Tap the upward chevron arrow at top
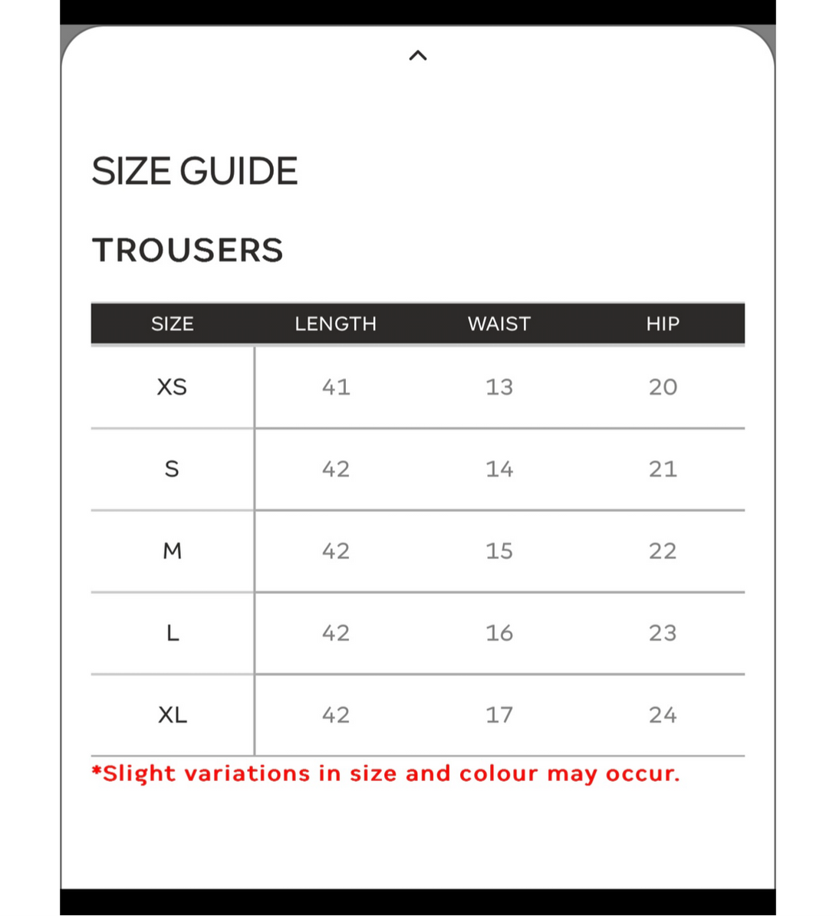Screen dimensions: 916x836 coord(418,55)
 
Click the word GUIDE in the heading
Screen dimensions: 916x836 coord(239,171)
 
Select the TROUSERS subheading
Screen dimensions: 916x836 coord(188,250)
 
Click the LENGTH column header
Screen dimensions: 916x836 coord(336,323)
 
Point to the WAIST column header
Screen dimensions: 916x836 coord(499,323)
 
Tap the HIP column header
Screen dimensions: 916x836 coord(663,323)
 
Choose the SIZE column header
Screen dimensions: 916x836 coord(173,323)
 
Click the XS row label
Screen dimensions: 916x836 coord(172,387)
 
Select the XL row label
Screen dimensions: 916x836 coord(173,715)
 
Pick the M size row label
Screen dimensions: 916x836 coord(173,551)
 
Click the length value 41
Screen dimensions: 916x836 coord(336,387)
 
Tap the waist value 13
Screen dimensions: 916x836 coord(499,387)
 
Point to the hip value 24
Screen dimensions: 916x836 coord(663,715)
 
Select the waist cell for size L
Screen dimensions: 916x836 coord(499,633)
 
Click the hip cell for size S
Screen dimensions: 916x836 coord(663,469)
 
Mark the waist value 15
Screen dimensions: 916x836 coord(499,551)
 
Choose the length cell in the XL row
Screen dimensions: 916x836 coord(336,715)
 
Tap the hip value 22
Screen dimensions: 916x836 coord(663,551)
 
